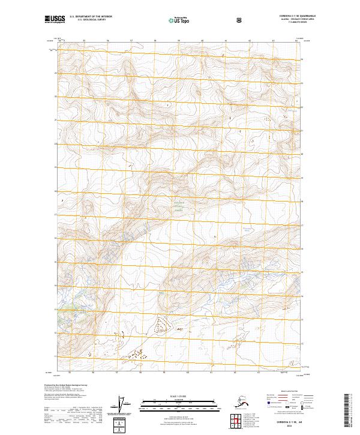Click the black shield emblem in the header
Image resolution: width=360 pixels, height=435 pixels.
(x=206, y=20)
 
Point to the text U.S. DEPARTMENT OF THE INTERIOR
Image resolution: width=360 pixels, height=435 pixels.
(x=91, y=17)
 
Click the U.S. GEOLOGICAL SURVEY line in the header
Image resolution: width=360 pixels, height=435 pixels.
(x=91, y=20)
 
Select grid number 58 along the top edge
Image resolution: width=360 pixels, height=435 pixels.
(x=155, y=41)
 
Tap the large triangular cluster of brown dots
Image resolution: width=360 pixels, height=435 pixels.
(x=161, y=325)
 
